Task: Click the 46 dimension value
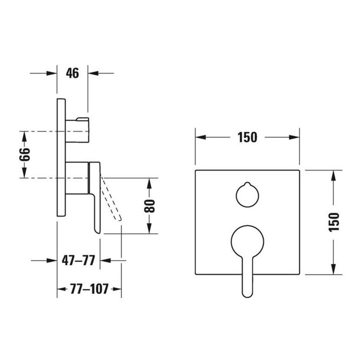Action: point(72,73)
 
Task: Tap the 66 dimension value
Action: point(25,154)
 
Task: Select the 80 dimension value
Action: point(150,206)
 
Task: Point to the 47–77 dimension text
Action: point(78,260)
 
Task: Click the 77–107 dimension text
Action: point(89,289)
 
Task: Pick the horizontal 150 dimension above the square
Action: point(247,137)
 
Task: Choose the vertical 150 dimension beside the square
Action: point(334,222)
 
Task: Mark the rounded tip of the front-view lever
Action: point(247,296)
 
